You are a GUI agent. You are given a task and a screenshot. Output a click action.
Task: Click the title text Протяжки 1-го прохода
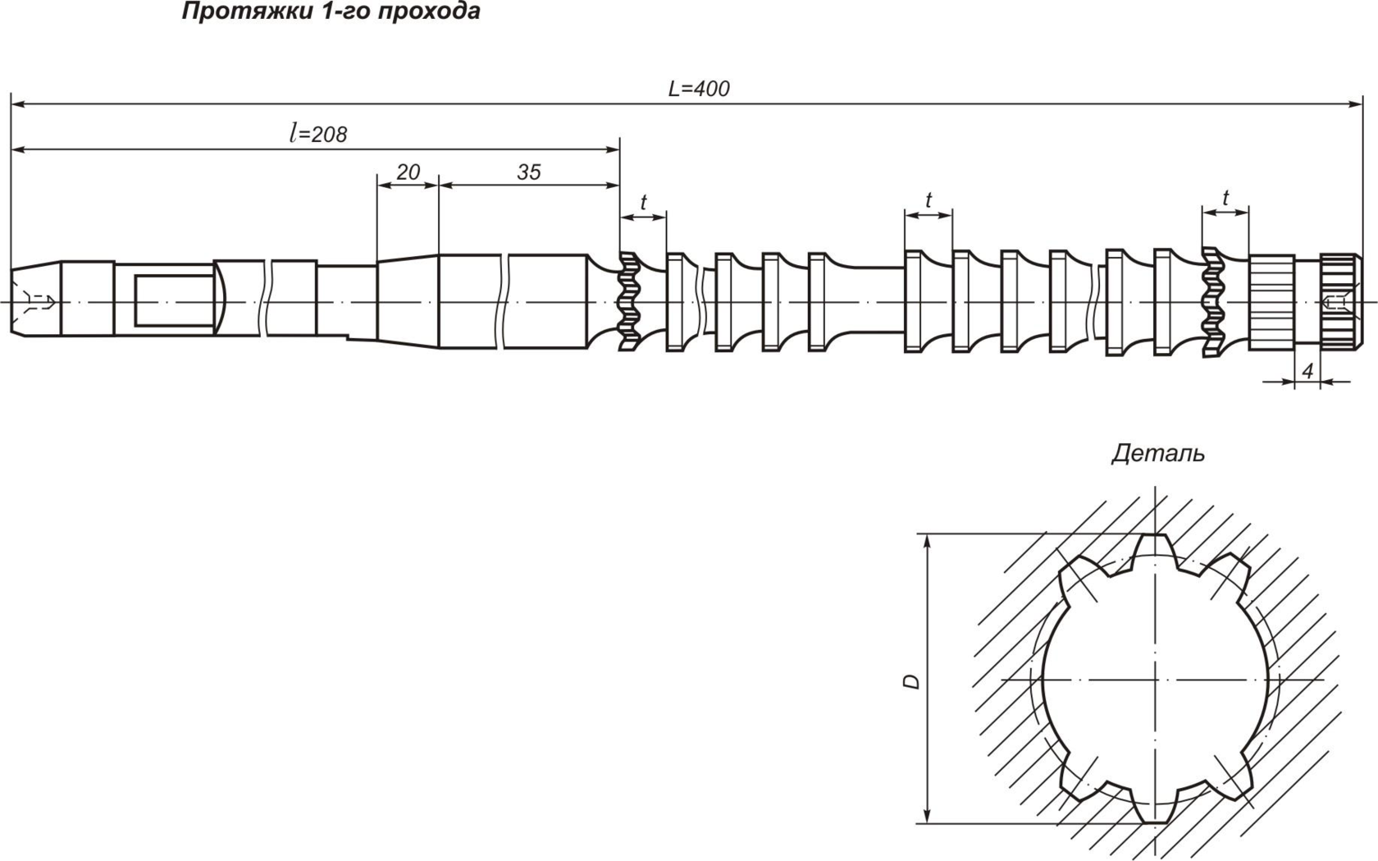click(x=331, y=11)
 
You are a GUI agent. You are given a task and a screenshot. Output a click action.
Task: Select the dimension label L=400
click(x=698, y=89)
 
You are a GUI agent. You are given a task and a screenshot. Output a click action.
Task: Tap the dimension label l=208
click(x=318, y=133)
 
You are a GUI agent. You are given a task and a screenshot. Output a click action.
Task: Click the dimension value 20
click(x=408, y=172)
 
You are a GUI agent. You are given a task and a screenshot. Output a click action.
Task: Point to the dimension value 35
click(x=529, y=172)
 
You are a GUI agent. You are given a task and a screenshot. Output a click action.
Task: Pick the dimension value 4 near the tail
click(x=1307, y=372)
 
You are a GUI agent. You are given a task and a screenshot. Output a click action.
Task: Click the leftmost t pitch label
click(x=643, y=202)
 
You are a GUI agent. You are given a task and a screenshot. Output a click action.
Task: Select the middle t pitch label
click(x=929, y=200)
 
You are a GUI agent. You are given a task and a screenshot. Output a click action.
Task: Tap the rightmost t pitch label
click(x=1225, y=198)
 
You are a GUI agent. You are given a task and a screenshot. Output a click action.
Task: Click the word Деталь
click(x=1158, y=453)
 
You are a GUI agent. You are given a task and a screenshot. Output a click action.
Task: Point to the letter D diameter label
click(x=911, y=680)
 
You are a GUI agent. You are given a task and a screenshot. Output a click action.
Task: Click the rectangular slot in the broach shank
click(x=174, y=300)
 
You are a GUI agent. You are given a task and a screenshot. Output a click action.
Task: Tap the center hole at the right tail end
click(x=1337, y=302)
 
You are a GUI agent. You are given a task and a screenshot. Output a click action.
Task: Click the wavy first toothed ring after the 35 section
click(x=629, y=301)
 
